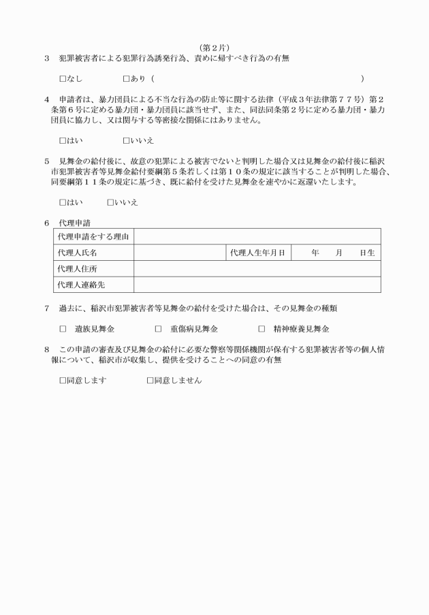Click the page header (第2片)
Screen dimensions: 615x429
[214, 47]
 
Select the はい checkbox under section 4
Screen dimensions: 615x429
[63, 141]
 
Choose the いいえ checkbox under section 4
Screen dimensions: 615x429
[126, 141]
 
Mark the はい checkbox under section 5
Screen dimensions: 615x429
[63, 203]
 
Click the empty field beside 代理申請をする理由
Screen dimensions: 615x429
[257, 237]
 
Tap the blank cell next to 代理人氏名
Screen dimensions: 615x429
[179, 253]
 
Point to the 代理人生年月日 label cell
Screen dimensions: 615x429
[257, 253]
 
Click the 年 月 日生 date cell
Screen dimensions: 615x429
[336, 253]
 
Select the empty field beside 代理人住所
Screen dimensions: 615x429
[257, 268]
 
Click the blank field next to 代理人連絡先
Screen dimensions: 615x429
[257, 285]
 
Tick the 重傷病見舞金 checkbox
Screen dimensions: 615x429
[158, 329]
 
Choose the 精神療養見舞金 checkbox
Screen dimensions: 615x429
[261, 329]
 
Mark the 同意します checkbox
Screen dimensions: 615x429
[63, 380]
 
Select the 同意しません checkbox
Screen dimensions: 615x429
[150, 380]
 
